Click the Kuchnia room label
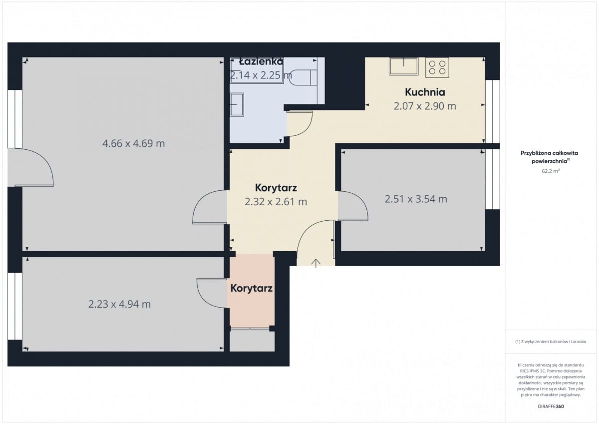pos(425,92)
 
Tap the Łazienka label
pos(261,62)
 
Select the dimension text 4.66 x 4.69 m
pos(133,144)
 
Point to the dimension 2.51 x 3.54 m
pos(416,199)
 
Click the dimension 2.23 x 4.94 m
pos(119,304)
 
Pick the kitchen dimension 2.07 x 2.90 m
pos(425,106)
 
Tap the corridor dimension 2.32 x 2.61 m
pos(276,202)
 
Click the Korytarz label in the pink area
pos(252,288)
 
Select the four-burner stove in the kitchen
pos(437,68)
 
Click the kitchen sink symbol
pos(403,66)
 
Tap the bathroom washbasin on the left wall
pos(237,104)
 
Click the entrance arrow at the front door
pos(316,263)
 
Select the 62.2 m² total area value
pos(551,171)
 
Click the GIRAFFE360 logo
pos(551,407)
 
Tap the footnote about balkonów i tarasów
pos(551,341)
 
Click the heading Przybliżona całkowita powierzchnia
pos(549,157)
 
